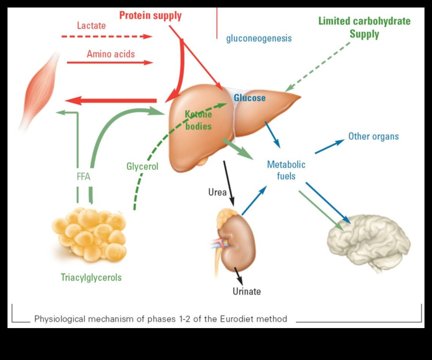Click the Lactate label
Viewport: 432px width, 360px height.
pos(91,26)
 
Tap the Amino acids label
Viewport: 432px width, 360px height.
pos(111,54)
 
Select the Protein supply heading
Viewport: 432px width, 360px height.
pos(150,16)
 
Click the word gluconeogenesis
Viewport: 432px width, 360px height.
pos(259,38)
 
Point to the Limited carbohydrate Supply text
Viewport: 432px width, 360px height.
pos(364,28)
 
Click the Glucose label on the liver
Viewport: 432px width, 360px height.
pos(250,98)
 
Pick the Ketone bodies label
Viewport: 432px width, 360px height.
pos(198,120)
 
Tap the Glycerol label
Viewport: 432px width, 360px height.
pos(142,166)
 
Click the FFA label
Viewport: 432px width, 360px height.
pos(83,176)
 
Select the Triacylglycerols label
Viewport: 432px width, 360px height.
pos(91,277)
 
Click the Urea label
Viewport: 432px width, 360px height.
pos(217,192)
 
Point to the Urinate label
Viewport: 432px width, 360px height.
pos(246,291)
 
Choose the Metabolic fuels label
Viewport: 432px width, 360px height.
pos(286,170)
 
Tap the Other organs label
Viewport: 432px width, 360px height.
pos(373,136)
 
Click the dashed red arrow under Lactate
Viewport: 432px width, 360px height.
pos(107,37)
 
